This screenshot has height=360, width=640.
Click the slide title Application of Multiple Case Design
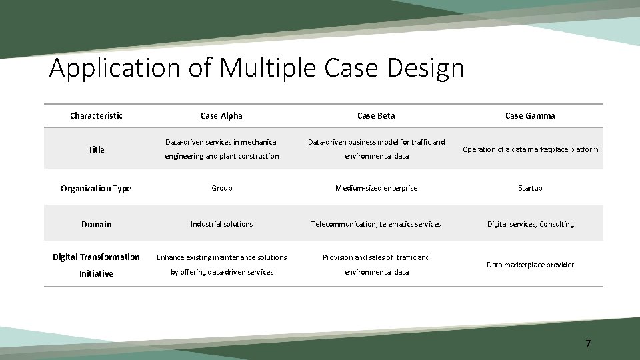[x=256, y=69]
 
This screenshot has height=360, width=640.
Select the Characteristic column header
[x=96, y=116]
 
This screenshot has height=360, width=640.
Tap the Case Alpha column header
[x=221, y=116]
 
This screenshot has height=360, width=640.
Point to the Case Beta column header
[x=376, y=116]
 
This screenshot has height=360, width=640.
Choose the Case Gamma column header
[x=530, y=116]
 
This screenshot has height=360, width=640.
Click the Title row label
[x=96, y=149]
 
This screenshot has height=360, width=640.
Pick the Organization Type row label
[x=96, y=188]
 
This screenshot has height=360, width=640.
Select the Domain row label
[x=96, y=224]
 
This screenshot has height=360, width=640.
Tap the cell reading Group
[x=221, y=188]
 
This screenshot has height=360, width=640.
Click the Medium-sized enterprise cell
[x=376, y=188]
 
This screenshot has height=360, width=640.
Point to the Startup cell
[x=530, y=188]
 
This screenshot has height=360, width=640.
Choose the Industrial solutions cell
[x=221, y=224]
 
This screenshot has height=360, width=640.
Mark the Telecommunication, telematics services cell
[x=376, y=224]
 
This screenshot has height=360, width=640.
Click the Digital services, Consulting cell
[x=530, y=224]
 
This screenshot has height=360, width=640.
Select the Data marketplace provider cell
[x=530, y=265]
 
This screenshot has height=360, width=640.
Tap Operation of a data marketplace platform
[x=530, y=149]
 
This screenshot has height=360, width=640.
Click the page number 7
[x=587, y=344]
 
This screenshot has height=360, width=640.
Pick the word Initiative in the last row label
[x=96, y=273]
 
